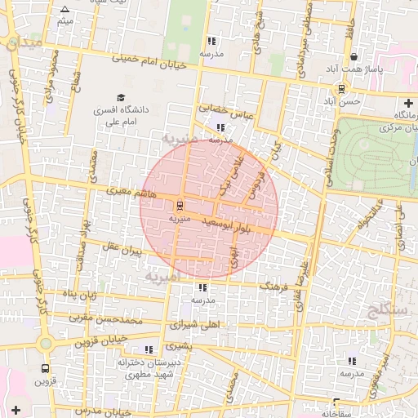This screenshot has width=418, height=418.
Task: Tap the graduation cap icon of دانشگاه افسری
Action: pyautogui.click(x=121, y=97)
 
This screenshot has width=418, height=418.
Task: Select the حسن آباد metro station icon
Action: pyautogui.click(x=341, y=89)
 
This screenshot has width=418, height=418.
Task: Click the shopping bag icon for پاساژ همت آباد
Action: pyautogui.click(x=354, y=57)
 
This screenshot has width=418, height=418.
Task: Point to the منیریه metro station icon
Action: pyautogui.click(x=180, y=205)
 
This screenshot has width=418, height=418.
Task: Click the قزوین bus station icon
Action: pyautogui.click(x=45, y=368)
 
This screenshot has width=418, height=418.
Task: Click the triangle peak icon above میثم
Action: pyautogui.click(x=64, y=9)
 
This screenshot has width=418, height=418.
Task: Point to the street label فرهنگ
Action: pyautogui.click(x=273, y=287)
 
